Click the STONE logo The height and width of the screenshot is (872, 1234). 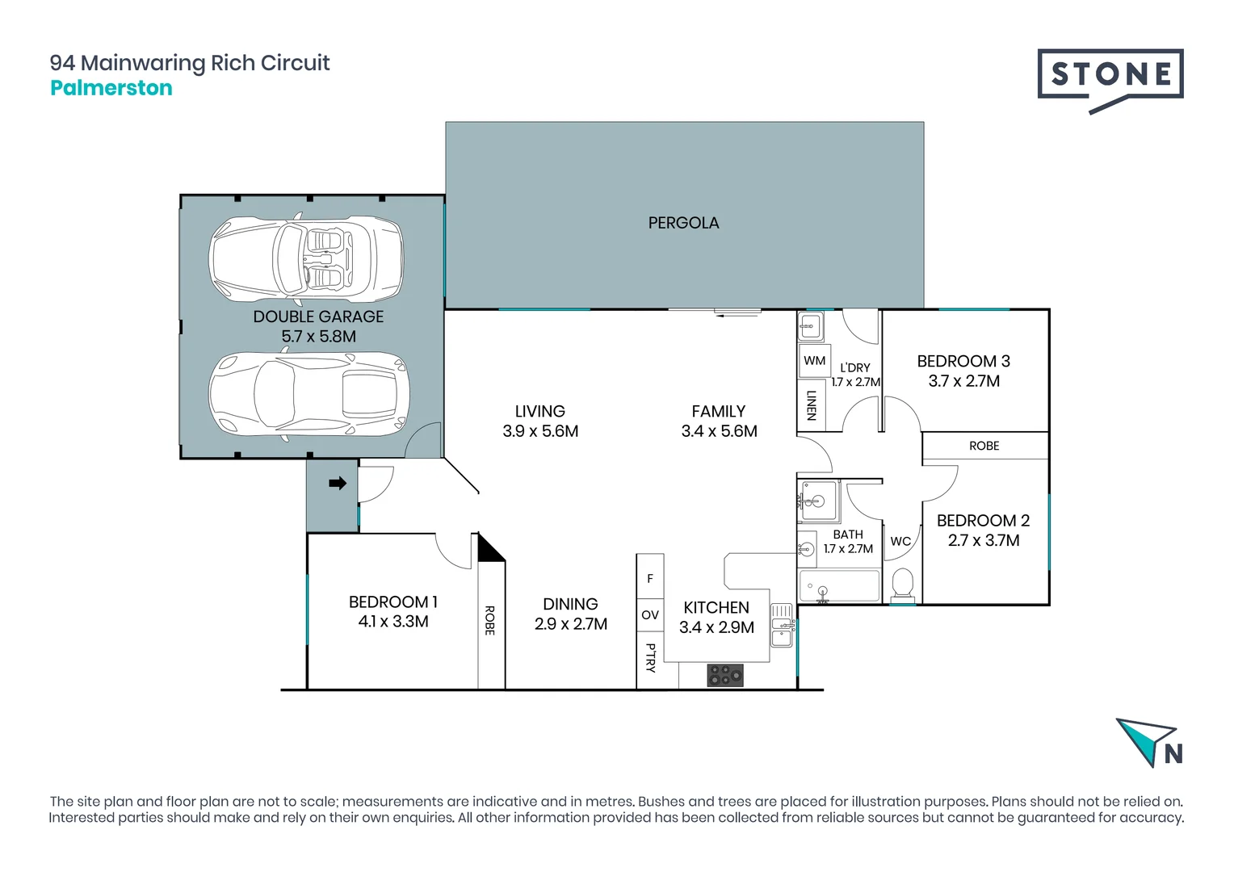pos(1110,75)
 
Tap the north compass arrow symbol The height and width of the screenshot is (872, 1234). pos(1145,739)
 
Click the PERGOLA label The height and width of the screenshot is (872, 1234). pos(683,223)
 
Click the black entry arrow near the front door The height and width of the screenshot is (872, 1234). pos(338,484)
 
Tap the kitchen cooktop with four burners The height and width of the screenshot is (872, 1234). pos(725,675)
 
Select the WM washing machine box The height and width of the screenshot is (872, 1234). pos(814,361)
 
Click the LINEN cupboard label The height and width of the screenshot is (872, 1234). pos(812,405)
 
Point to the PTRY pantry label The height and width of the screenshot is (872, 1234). pos(650,657)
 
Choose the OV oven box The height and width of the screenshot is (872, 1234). pos(650,615)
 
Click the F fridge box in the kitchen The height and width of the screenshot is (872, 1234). pos(650,578)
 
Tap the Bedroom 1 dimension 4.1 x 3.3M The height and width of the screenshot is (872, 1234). pos(393,622)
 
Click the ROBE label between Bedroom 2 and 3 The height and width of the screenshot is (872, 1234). pos(984,446)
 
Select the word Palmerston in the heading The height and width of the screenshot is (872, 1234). pos(111,88)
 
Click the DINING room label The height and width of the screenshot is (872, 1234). pos(570,604)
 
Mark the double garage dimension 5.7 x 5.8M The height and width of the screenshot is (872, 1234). pos(318,337)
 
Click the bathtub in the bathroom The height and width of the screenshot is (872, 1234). pos(839,586)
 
